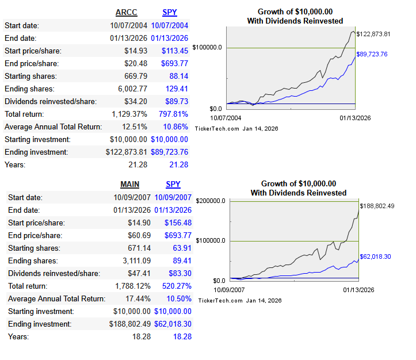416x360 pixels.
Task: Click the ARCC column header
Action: (127, 12)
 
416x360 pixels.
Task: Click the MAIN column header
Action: (130, 184)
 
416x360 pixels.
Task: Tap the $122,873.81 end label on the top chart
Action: (374, 34)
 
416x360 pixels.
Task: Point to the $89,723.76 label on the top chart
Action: (372, 54)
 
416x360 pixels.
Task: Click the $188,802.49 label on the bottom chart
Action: (377, 206)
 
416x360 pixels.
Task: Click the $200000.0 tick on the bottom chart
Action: (211, 201)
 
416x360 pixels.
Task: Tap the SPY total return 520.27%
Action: (177, 286)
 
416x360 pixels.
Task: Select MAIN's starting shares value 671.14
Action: (142, 248)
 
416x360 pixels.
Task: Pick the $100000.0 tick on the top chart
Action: (208, 48)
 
